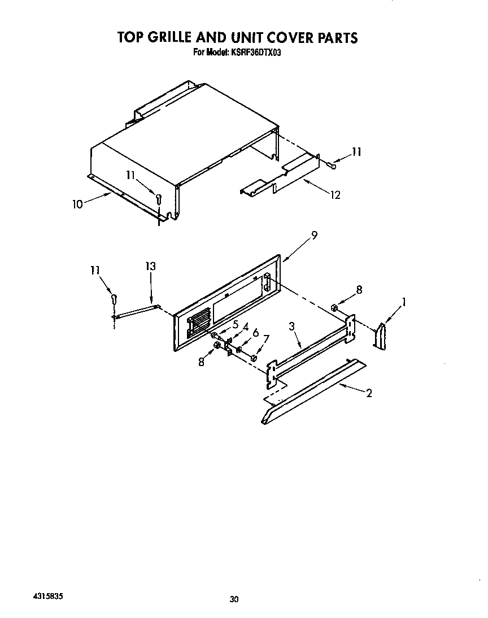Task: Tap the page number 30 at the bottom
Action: pos(235,599)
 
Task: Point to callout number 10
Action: pos(78,204)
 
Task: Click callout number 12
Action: pos(335,195)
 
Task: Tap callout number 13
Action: pos(150,266)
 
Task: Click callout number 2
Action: pos(369,393)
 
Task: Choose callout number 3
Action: pos(292,326)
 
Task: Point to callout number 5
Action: pos(235,324)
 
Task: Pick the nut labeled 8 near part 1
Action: pos(334,308)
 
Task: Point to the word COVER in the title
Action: pos(267,38)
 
